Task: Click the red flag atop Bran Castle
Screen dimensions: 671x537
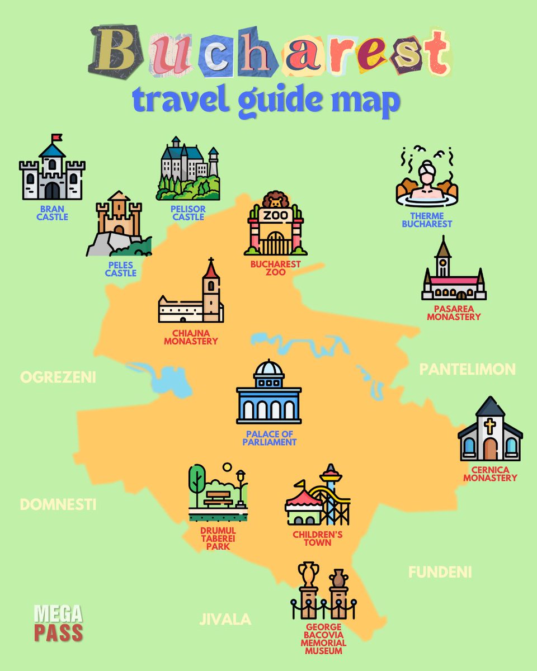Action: pos(56,138)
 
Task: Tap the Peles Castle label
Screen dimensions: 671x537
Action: pos(121,270)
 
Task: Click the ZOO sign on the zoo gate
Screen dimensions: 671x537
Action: pos(275,215)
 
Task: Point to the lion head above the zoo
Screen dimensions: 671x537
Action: pos(275,200)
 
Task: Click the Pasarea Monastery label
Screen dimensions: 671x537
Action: pos(454,313)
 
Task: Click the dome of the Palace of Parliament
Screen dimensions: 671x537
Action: pos(268,368)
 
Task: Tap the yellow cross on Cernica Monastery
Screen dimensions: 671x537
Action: pos(490,427)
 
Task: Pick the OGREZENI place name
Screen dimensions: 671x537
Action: pos(58,377)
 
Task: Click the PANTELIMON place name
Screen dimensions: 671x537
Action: pos(467,369)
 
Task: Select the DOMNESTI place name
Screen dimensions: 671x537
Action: pos(58,504)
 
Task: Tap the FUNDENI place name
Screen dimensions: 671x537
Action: pos(440,572)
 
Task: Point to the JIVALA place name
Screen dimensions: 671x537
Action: pos(225,619)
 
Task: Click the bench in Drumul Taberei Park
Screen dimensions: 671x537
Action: pos(218,498)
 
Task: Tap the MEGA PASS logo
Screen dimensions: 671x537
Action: pos(58,623)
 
